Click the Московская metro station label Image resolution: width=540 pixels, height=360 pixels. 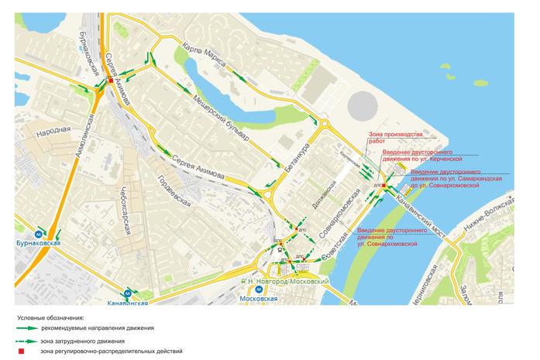[x=259, y=298]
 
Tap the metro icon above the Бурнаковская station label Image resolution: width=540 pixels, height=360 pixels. [x=39, y=232]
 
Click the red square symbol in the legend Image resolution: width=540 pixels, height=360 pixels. [x=22, y=351]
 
